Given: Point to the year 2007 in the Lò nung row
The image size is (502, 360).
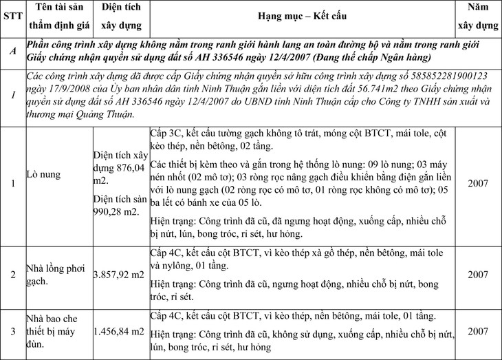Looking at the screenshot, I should (479, 184).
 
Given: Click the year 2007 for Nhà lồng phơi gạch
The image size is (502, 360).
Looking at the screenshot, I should (479, 275).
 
